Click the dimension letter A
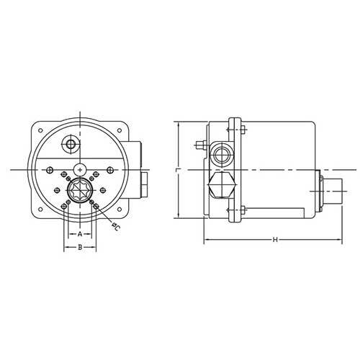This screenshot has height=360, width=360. pos(79,234)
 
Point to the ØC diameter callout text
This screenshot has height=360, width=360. pos(115,227)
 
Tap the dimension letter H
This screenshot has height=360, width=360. pos(274,239)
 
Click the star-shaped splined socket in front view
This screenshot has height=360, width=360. pos(79,193)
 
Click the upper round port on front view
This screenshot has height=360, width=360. pos(71,145)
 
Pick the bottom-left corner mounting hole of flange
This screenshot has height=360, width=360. pos(40,211)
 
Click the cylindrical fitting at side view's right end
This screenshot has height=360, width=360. pos(332,189)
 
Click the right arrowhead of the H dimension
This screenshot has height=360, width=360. pos(340,239)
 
